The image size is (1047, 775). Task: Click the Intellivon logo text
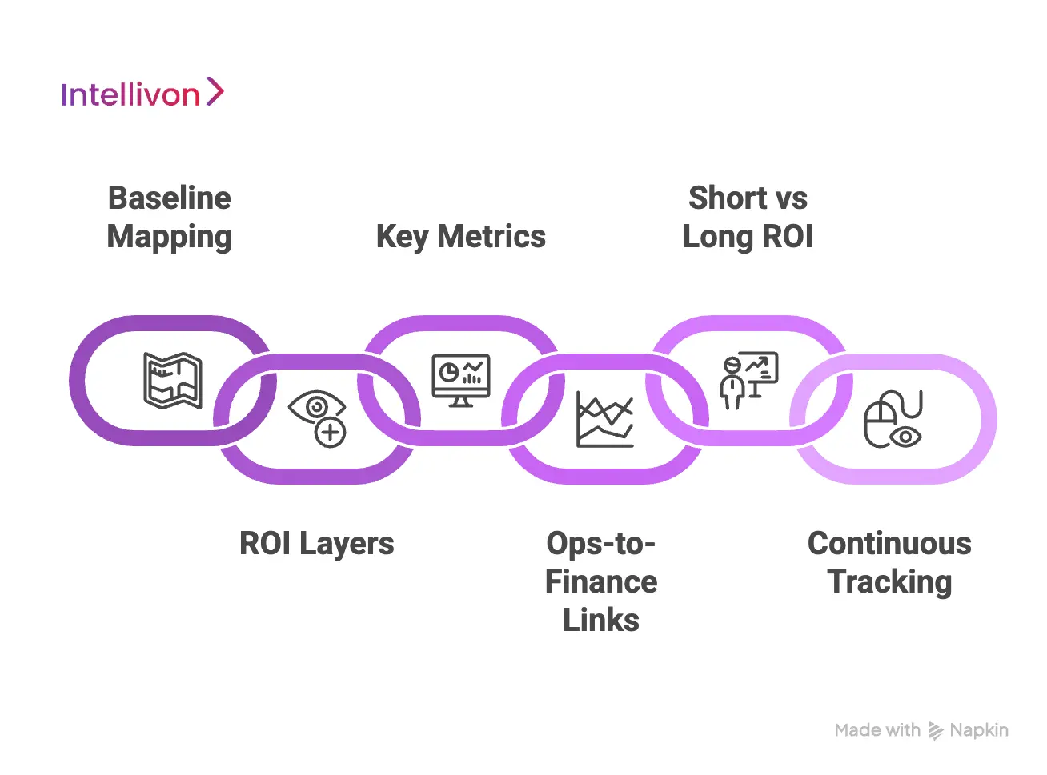130,94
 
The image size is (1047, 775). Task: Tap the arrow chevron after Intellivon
215,91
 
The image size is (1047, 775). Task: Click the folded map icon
173,381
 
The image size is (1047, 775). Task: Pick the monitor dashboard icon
461,380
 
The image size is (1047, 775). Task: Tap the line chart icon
605,419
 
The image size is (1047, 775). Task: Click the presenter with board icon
748,380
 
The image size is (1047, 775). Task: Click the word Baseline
170,198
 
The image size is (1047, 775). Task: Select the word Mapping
170,237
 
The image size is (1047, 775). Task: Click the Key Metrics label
461,237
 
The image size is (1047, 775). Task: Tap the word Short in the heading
727,198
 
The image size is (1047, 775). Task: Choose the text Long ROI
748,237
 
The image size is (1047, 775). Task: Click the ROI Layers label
317,544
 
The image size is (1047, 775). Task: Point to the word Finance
601,582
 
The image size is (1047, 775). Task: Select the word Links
601,621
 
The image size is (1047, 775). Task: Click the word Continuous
889,544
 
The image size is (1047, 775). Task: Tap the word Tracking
889,582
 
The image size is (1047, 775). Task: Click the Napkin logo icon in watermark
935,730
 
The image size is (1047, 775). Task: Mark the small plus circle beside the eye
330,433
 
